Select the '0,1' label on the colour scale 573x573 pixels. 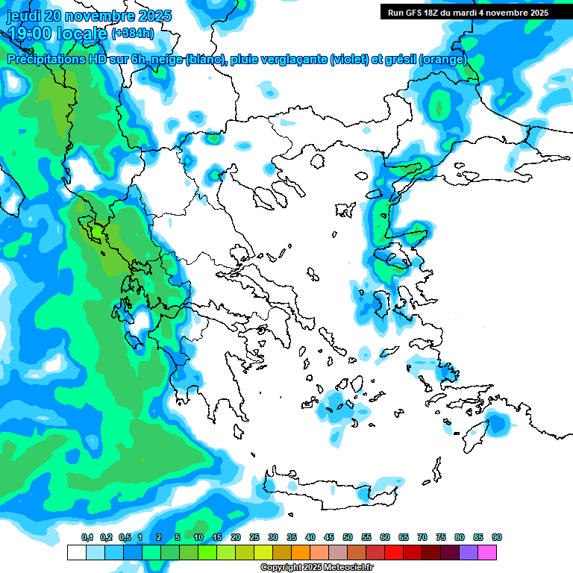pyautogui.click(x=87, y=537)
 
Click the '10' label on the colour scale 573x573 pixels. pyautogui.click(x=198, y=537)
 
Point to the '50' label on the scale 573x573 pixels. pyautogui.click(x=348, y=537)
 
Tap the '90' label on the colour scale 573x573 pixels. pyautogui.click(x=497, y=537)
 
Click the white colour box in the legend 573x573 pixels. pyautogui.click(x=76, y=552)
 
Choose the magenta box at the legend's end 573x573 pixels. pyautogui.click(x=487, y=552)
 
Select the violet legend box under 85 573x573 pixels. pyautogui.click(x=469, y=552)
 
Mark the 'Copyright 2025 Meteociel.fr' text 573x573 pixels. pyautogui.click(x=316, y=568)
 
